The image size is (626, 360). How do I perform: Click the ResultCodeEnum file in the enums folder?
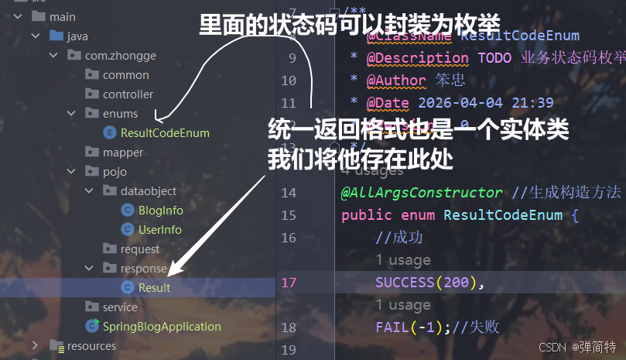[164, 133]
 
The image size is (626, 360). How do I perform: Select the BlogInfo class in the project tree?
[160, 211]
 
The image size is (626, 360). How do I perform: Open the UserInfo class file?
[159, 230]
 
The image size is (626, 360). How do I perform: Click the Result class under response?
[154, 288]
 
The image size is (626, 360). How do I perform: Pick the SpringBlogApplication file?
[161, 327]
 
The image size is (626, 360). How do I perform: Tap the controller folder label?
[128, 94]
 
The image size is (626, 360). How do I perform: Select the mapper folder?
[122, 153]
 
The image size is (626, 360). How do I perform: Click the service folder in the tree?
[119, 307]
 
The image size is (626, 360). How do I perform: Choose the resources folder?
[91, 346]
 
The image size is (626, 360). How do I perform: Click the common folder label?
[125, 75]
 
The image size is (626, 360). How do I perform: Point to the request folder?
[139, 249]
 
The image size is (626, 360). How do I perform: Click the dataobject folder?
[148, 191]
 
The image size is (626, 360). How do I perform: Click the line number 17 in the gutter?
[289, 283]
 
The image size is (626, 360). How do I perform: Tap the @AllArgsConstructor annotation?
[421, 193]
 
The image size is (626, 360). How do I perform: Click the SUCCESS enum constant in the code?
[406, 283]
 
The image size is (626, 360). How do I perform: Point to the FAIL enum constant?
[391, 327]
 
